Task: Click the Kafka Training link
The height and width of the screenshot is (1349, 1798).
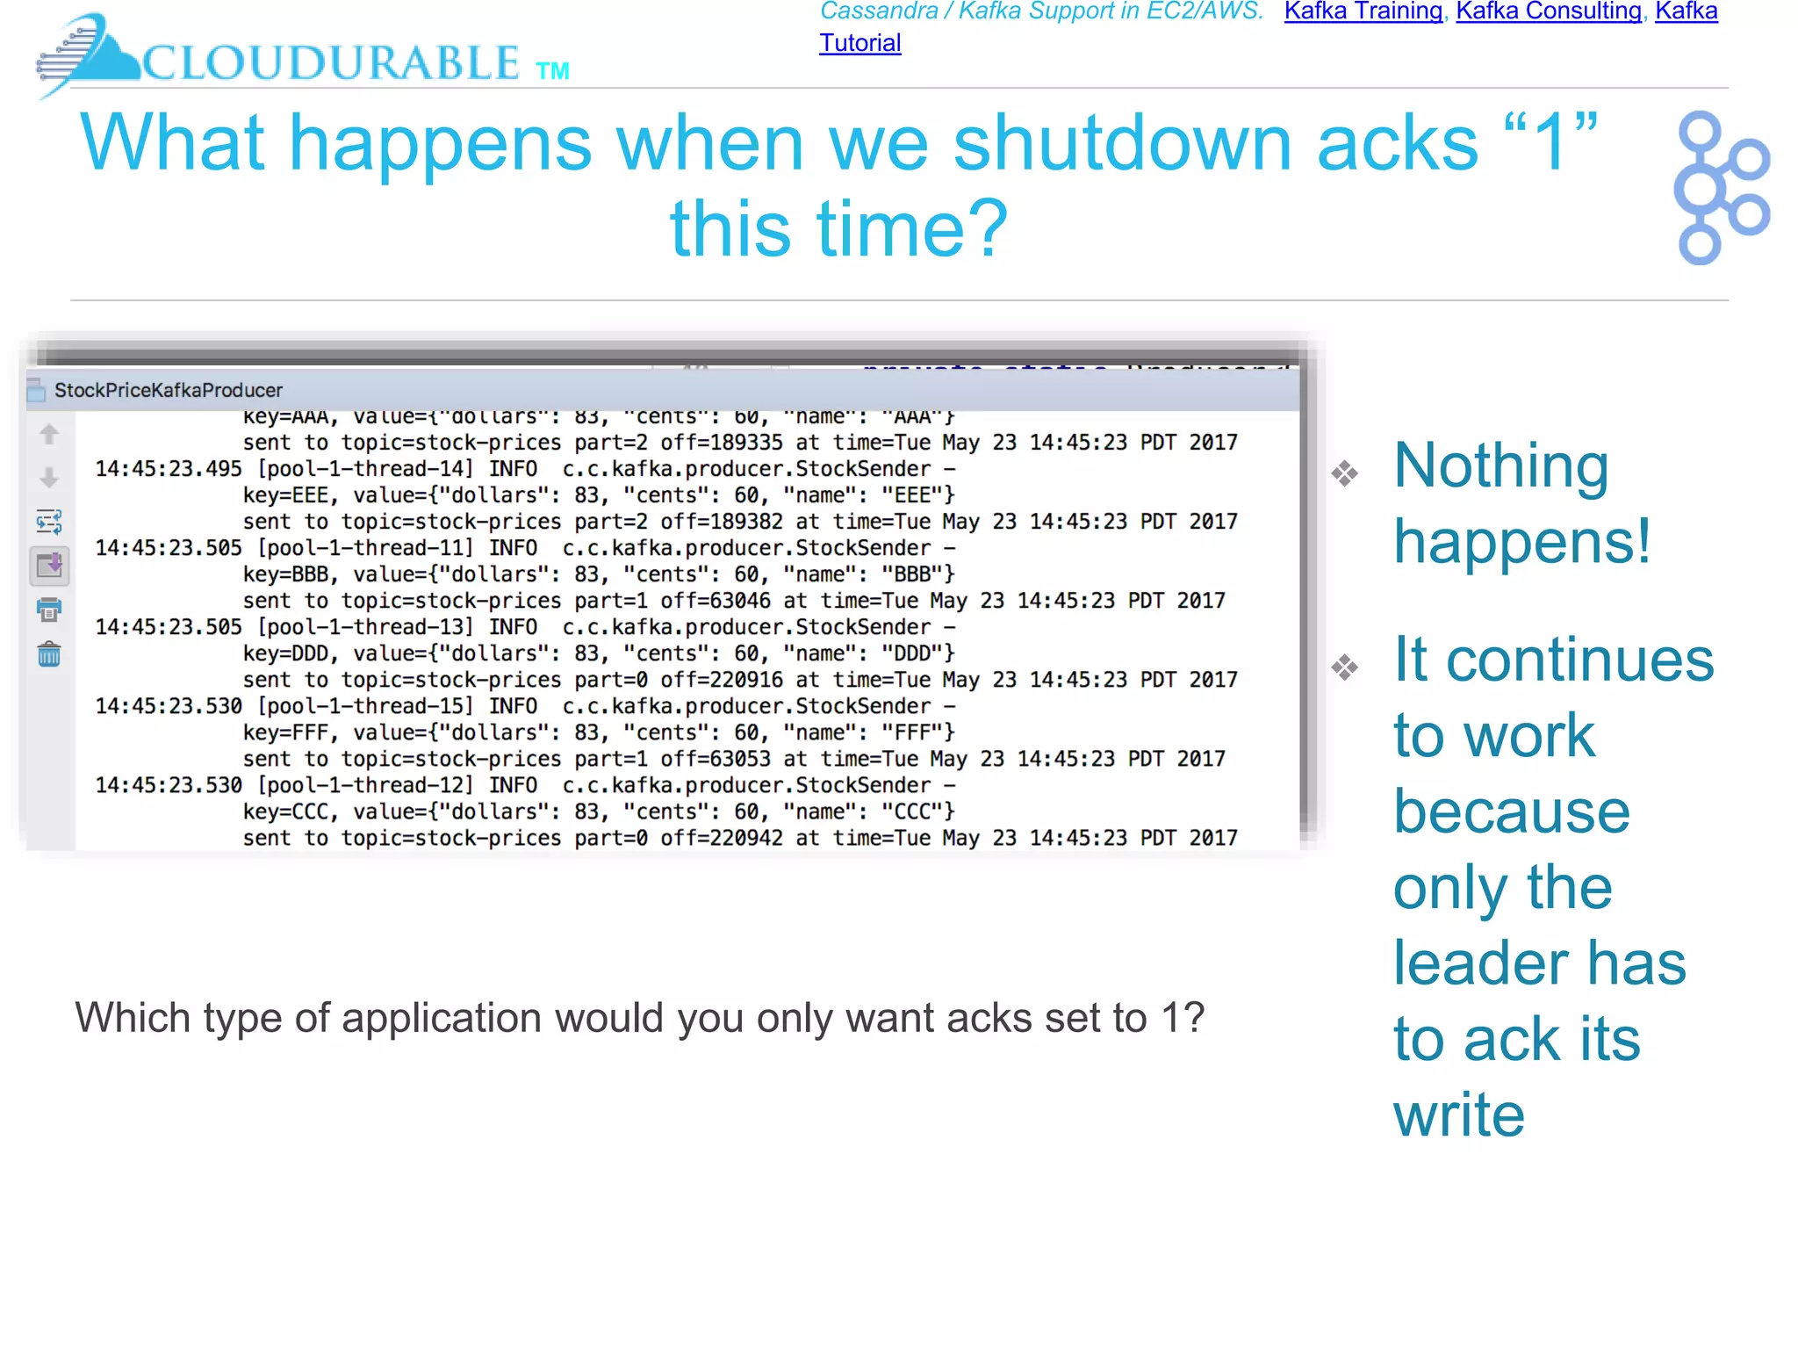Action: pyautogui.click(x=1363, y=11)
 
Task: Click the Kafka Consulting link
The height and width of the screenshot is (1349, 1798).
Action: pyautogui.click(x=1549, y=11)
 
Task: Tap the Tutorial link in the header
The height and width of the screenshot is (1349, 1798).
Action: pyautogui.click(x=859, y=43)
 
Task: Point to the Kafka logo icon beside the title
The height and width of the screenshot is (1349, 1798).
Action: pyautogui.click(x=1720, y=187)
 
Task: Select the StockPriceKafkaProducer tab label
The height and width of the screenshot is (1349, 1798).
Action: pyautogui.click(x=168, y=390)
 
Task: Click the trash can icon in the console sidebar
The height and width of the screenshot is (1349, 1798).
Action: pyautogui.click(x=49, y=654)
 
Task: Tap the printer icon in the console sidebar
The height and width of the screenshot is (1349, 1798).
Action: pyautogui.click(x=49, y=610)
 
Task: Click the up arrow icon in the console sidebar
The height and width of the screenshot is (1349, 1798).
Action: pyautogui.click(x=49, y=434)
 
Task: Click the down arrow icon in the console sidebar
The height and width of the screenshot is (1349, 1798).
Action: pyautogui.click(x=49, y=478)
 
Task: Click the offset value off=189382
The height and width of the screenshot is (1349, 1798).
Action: pyautogui.click(x=721, y=522)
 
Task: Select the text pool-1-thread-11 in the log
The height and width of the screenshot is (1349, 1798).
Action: pyautogui.click(x=365, y=548)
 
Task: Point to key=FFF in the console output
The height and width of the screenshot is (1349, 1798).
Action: pyautogui.click(x=284, y=732)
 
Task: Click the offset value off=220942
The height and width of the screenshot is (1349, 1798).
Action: pyautogui.click(x=721, y=838)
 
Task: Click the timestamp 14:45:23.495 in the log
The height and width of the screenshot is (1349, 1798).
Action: pyautogui.click(x=168, y=469)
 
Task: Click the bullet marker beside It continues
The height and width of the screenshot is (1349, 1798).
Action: pyautogui.click(x=1344, y=667)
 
